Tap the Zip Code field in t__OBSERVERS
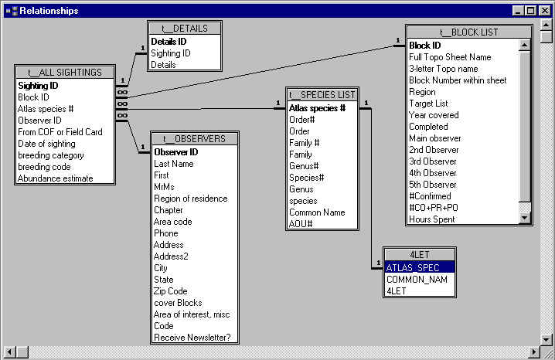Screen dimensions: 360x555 click(172, 291)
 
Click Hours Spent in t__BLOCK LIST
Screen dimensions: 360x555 click(432, 219)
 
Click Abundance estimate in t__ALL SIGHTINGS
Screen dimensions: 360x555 click(55, 178)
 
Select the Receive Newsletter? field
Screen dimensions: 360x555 click(192, 338)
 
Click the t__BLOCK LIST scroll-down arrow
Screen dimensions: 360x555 click(524, 219)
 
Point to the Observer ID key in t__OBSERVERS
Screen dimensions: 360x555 click(176, 152)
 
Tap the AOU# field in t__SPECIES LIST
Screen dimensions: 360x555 click(301, 224)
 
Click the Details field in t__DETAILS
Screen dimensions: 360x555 click(163, 65)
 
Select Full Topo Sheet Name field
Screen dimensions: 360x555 click(450, 57)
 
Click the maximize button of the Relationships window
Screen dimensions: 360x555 click(531, 11)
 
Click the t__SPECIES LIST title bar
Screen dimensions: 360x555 click(322, 94)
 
